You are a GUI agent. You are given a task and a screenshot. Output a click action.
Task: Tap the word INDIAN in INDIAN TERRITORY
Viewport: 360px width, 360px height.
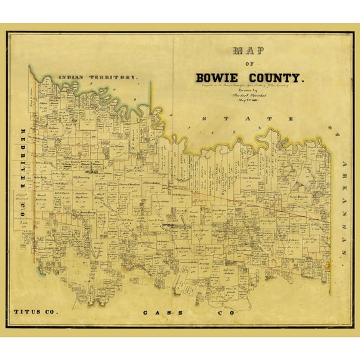74,77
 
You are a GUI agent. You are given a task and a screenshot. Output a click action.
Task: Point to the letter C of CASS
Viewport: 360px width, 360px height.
145,312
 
